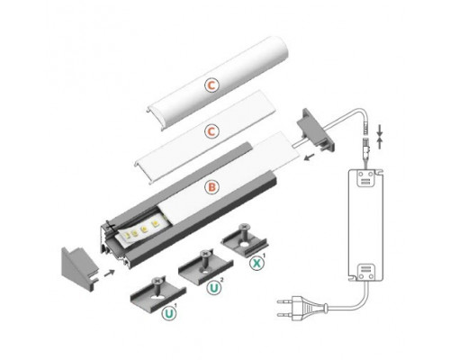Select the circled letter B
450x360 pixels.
211,188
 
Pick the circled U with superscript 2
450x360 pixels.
215,288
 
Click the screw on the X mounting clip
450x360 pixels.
244,230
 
